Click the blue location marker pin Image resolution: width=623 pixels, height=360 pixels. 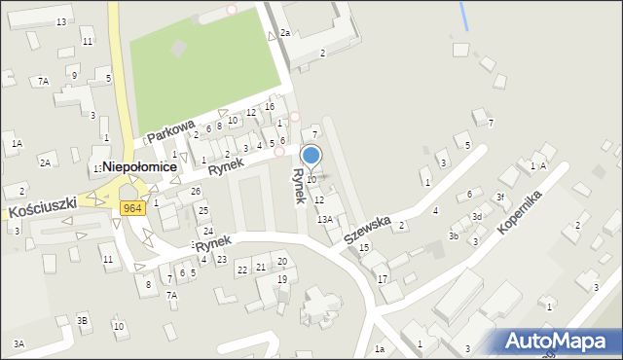(x=311, y=155)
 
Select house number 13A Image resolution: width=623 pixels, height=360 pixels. (x=324, y=219)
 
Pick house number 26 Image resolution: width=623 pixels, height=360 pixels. (x=196, y=191)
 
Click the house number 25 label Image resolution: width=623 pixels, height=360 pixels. (x=202, y=210)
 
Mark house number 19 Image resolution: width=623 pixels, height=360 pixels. (x=281, y=279)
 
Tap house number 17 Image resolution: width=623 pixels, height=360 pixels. (x=383, y=279)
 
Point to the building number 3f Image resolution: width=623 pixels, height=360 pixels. (x=499, y=197)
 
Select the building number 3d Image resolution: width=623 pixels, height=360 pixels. (x=477, y=216)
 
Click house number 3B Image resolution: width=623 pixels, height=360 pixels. (x=83, y=320)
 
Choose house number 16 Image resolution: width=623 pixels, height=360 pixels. (x=270, y=106)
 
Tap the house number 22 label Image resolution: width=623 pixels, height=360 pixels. (x=242, y=269)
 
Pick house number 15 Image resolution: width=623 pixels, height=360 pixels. (x=364, y=248)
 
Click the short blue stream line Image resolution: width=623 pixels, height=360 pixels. (x=463, y=15)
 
